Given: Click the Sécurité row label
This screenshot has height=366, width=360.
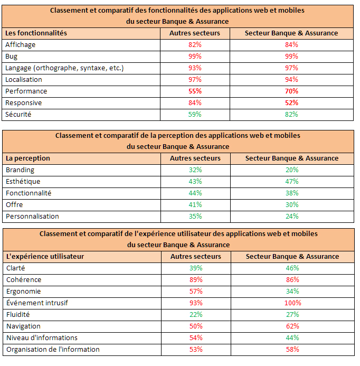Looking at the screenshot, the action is tap(18, 115).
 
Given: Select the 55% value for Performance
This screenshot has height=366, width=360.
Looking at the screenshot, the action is tap(195, 91).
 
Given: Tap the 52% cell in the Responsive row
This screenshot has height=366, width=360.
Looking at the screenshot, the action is tap(291, 102).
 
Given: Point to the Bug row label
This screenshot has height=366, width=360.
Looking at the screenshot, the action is tap(11, 57).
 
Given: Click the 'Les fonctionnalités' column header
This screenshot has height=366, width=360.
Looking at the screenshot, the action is tap(36, 33).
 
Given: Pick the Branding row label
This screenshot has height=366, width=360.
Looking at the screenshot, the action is tap(20, 170).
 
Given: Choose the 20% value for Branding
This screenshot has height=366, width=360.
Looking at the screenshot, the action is tap(292, 170).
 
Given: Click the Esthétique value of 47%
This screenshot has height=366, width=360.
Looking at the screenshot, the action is tap(292, 181).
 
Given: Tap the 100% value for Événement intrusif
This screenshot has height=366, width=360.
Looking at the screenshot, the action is tap(292, 303).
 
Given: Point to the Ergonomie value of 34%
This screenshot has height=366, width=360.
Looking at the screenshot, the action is tap(292, 292).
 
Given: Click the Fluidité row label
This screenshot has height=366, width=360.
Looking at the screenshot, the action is tap(18, 314).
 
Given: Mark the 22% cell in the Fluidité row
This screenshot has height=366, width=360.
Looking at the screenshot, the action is tap(196, 315).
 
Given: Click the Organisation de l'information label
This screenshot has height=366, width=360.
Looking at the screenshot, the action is tap(53, 350).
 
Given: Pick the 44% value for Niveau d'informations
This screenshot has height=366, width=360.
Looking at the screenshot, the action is tap(292, 338).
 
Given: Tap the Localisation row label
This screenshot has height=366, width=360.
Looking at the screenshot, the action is tap(24, 80).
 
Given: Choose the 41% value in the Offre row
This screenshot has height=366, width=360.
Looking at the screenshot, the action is tap(195, 205).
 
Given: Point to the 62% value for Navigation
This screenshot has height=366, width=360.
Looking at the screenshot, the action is tap(292, 326).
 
